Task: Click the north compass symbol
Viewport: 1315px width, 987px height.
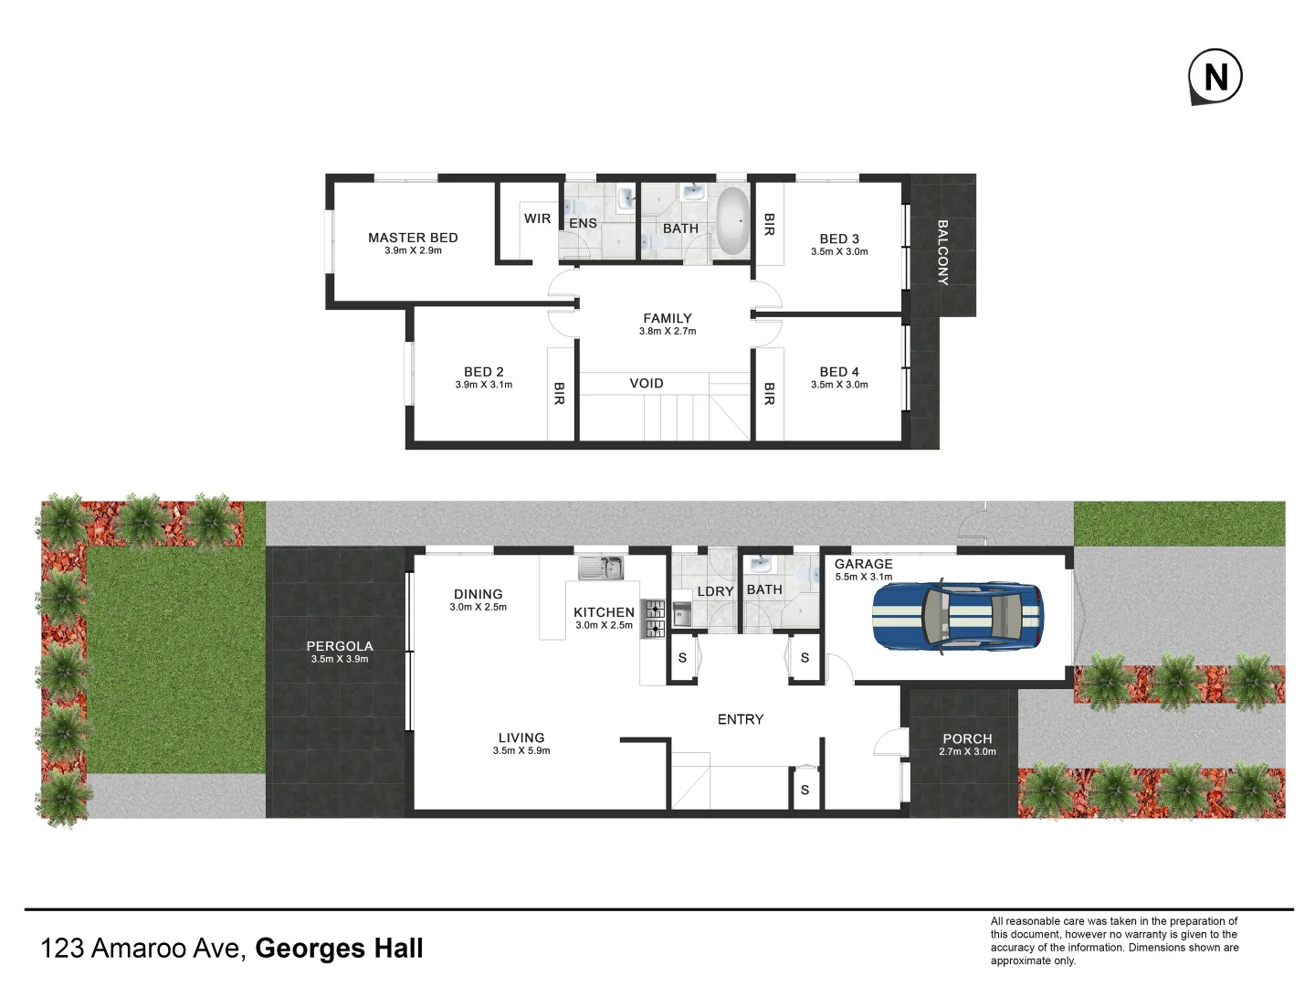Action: coord(1215,77)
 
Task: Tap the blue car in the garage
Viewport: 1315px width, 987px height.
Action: coord(956,616)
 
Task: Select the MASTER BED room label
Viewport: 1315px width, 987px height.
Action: coord(413,238)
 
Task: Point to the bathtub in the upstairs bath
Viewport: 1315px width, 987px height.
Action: coord(731,221)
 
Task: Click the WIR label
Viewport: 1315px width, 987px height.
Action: coord(537,218)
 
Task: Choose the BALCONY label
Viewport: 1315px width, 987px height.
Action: coord(942,252)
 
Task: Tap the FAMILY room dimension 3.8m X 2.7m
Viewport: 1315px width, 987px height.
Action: coord(668,332)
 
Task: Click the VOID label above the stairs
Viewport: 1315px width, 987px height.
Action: coord(647,384)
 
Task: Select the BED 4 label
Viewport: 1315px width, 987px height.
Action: coord(839,372)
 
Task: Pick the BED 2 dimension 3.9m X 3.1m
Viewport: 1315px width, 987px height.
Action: coord(484,385)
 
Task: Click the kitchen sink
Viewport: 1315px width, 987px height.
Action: coord(601,568)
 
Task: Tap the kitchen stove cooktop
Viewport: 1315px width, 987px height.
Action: coord(653,619)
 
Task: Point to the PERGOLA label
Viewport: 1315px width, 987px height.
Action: coord(340,646)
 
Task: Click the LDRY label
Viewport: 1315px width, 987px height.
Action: coord(715,591)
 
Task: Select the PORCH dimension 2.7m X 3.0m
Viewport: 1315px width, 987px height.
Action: coord(967,752)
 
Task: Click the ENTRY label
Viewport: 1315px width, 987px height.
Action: coord(741,720)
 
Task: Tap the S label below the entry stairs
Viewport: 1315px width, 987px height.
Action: coord(805,791)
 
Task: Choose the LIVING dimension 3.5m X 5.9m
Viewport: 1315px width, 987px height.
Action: coord(521,751)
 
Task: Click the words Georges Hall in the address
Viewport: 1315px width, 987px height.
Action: coord(339,949)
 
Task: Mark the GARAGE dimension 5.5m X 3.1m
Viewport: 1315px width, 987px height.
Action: coord(863,577)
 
